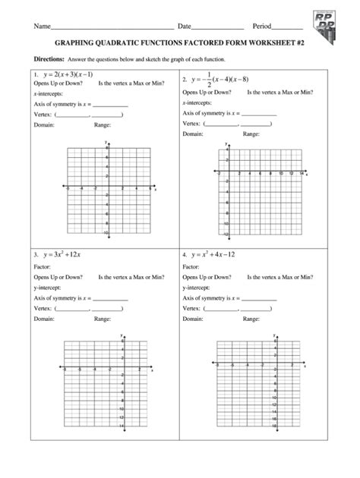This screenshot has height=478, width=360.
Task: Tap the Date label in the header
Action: tap(185, 27)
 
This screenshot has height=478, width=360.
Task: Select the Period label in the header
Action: tap(262, 27)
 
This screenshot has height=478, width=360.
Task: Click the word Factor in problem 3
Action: tap(42, 267)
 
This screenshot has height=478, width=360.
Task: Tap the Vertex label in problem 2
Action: tap(192, 123)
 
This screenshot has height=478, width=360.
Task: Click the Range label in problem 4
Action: tap(251, 319)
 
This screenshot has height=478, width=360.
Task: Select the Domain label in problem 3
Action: tap(44, 319)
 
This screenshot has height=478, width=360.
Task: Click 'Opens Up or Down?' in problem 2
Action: tap(207, 92)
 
